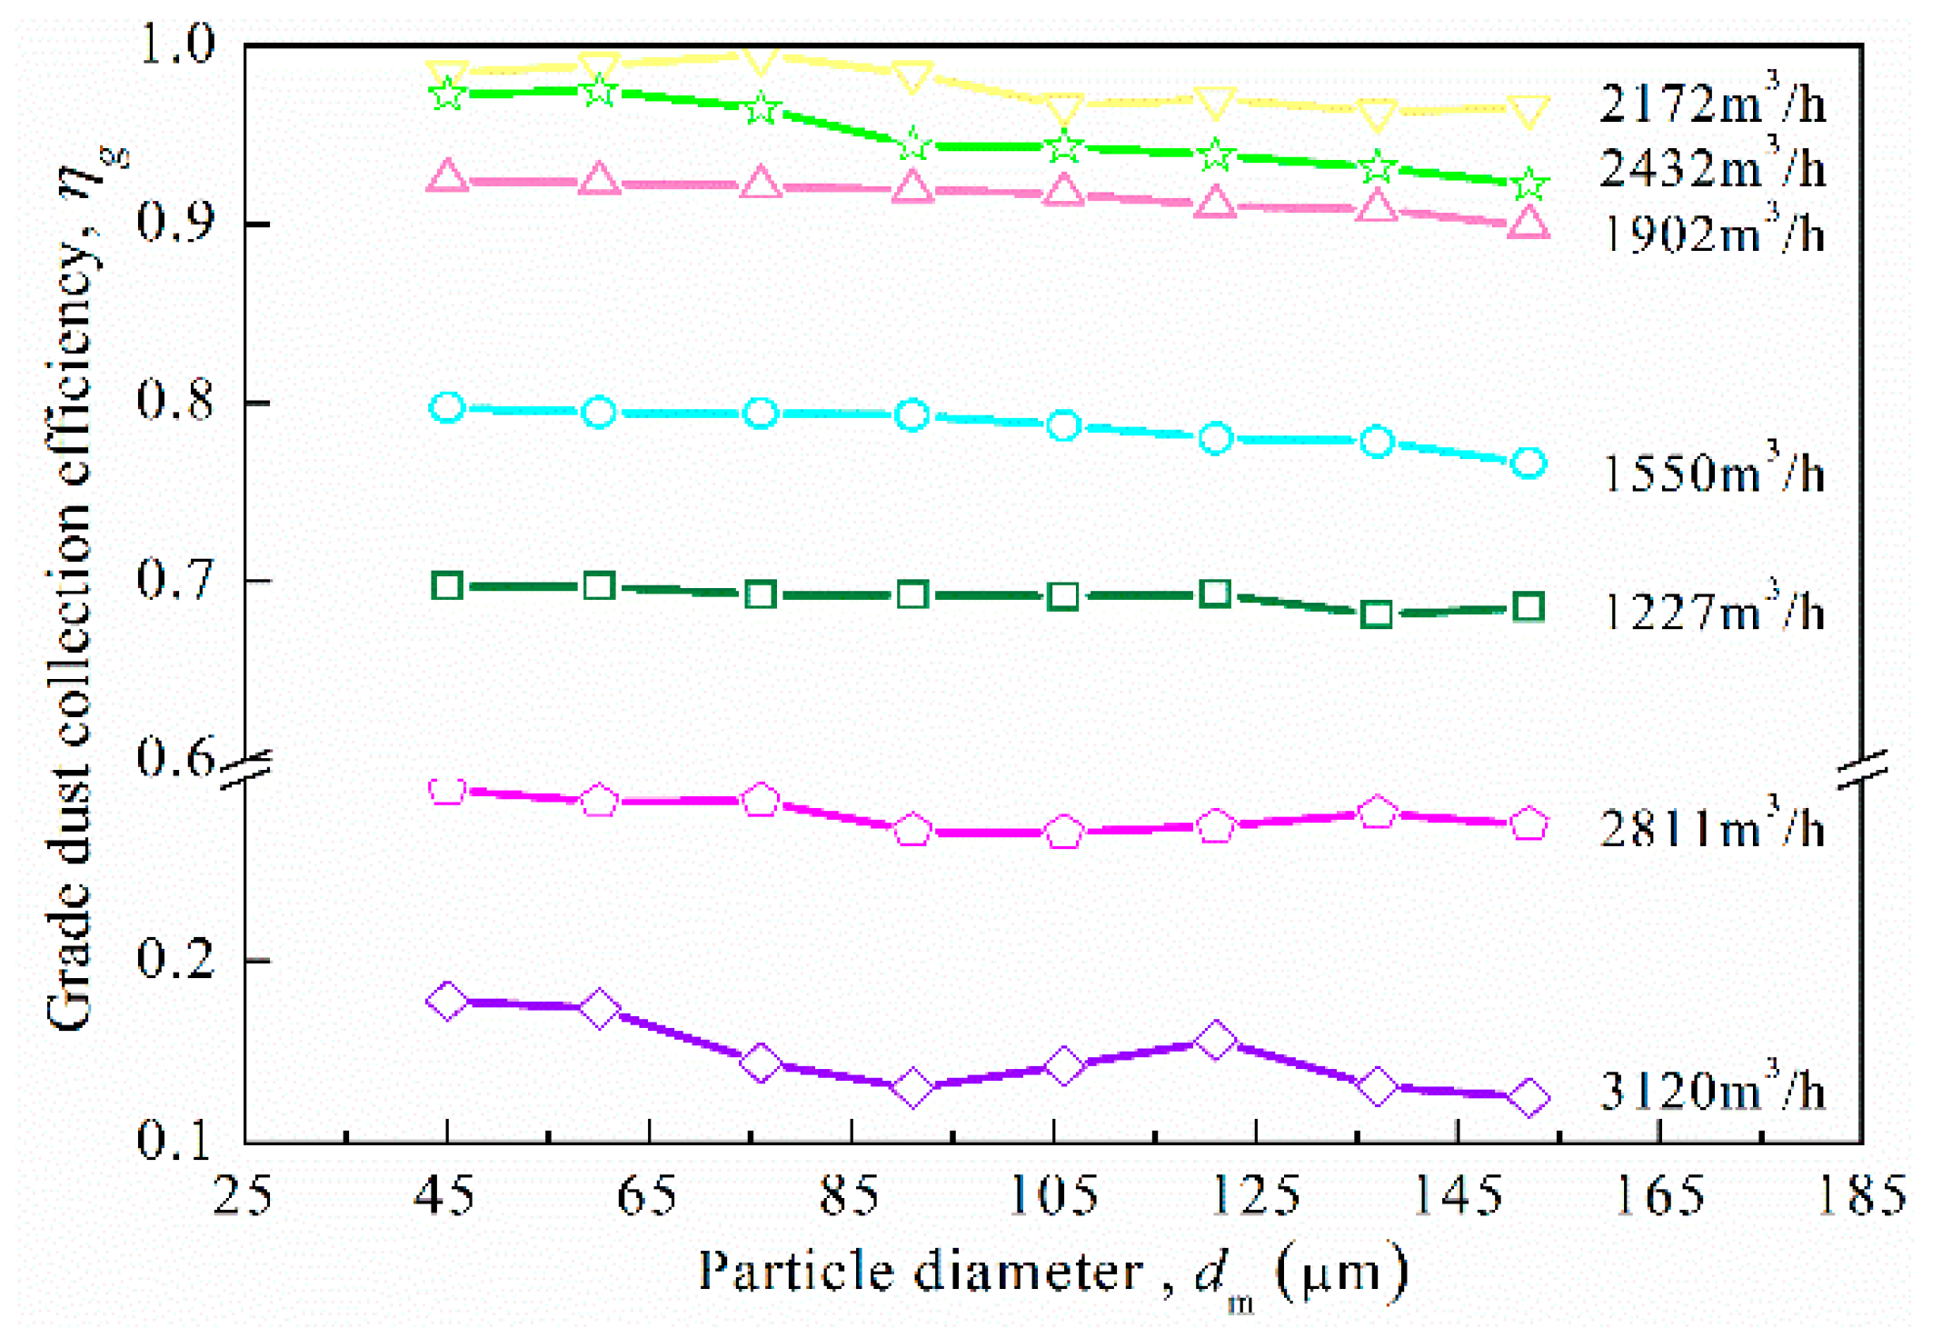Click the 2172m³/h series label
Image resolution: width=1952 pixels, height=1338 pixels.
coord(1711,103)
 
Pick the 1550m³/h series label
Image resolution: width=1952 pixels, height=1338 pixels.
coord(1711,474)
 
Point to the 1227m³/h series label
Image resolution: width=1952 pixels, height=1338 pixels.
coord(1711,612)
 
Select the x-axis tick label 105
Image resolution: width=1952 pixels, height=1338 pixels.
coord(1054,1195)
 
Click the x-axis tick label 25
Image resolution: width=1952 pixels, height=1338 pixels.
coord(244,1195)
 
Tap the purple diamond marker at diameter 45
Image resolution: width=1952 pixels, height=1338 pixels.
coord(446,1001)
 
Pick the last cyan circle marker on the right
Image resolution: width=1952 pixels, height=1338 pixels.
coord(1529,464)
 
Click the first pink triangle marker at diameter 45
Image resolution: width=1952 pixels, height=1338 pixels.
coord(446,175)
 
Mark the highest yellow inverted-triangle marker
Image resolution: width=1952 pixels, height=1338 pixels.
coord(760,60)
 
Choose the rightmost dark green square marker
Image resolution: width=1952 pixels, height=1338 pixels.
coord(1529,607)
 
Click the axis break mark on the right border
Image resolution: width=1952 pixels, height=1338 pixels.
coord(1862,769)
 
